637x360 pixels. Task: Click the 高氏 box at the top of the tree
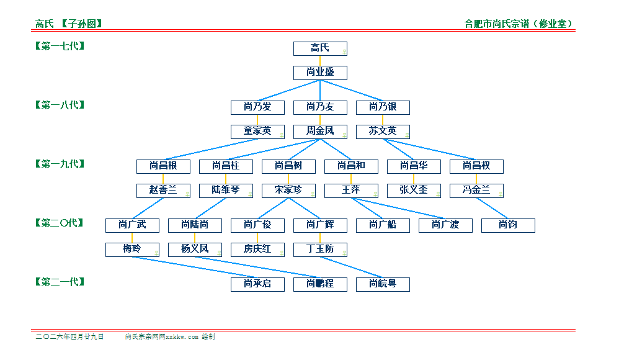pos(320,48)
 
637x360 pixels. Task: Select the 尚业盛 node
pos(320,73)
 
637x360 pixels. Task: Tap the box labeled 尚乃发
pos(257,107)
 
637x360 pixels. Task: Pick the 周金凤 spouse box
pos(320,132)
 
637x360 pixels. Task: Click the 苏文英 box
pos(383,132)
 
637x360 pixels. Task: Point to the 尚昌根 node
pos(163,166)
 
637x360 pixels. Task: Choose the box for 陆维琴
pos(226,191)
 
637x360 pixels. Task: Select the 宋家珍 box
pos(288,191)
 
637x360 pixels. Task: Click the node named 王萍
pos(351,191)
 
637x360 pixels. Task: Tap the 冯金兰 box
pos(476,191)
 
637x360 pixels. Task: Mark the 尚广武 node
pos(132,225)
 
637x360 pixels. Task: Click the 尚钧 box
pos(508,225)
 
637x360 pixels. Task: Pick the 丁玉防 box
pos(320,250)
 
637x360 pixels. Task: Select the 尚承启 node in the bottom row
pos(257,284)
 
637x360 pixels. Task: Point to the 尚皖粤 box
pos(383,284)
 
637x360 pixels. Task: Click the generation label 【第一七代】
pos(60,46)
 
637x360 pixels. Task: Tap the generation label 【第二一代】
pos(60,282)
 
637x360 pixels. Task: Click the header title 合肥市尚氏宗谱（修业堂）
pos(519,24)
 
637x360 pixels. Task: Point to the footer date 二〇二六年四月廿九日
pos(69,337)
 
